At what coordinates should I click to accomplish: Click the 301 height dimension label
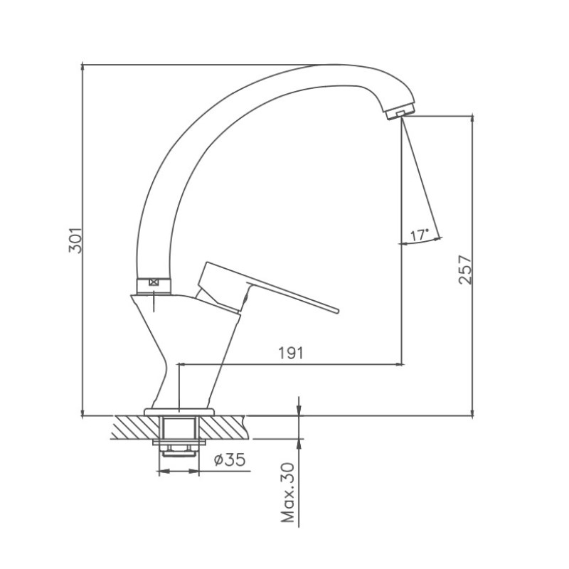[77, 240]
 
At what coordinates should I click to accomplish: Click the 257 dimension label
[465, 270]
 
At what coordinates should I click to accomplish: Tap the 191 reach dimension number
[290, 353]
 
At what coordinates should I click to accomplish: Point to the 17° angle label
[420, 235]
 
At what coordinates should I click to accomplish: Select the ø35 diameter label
[230, 459]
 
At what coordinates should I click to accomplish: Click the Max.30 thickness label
[289, 492]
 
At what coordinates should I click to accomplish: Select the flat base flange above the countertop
[179, 412]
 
